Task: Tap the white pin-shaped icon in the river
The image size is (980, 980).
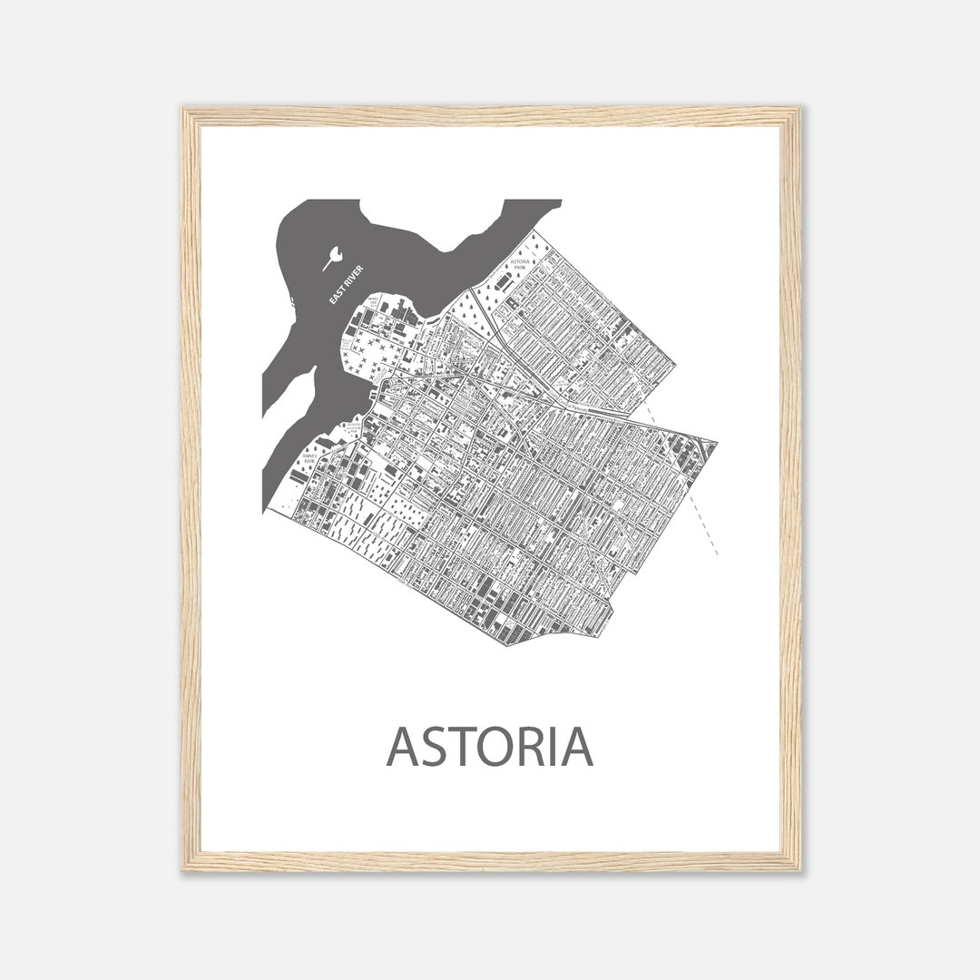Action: (x=332, y=258)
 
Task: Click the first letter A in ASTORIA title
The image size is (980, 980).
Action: (x=404, y=746)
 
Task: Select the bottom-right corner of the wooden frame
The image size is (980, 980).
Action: (x=798, y=868)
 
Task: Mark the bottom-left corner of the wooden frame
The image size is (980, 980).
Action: (x=185, y=868)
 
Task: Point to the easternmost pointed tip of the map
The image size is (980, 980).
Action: (x=716, y=444)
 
